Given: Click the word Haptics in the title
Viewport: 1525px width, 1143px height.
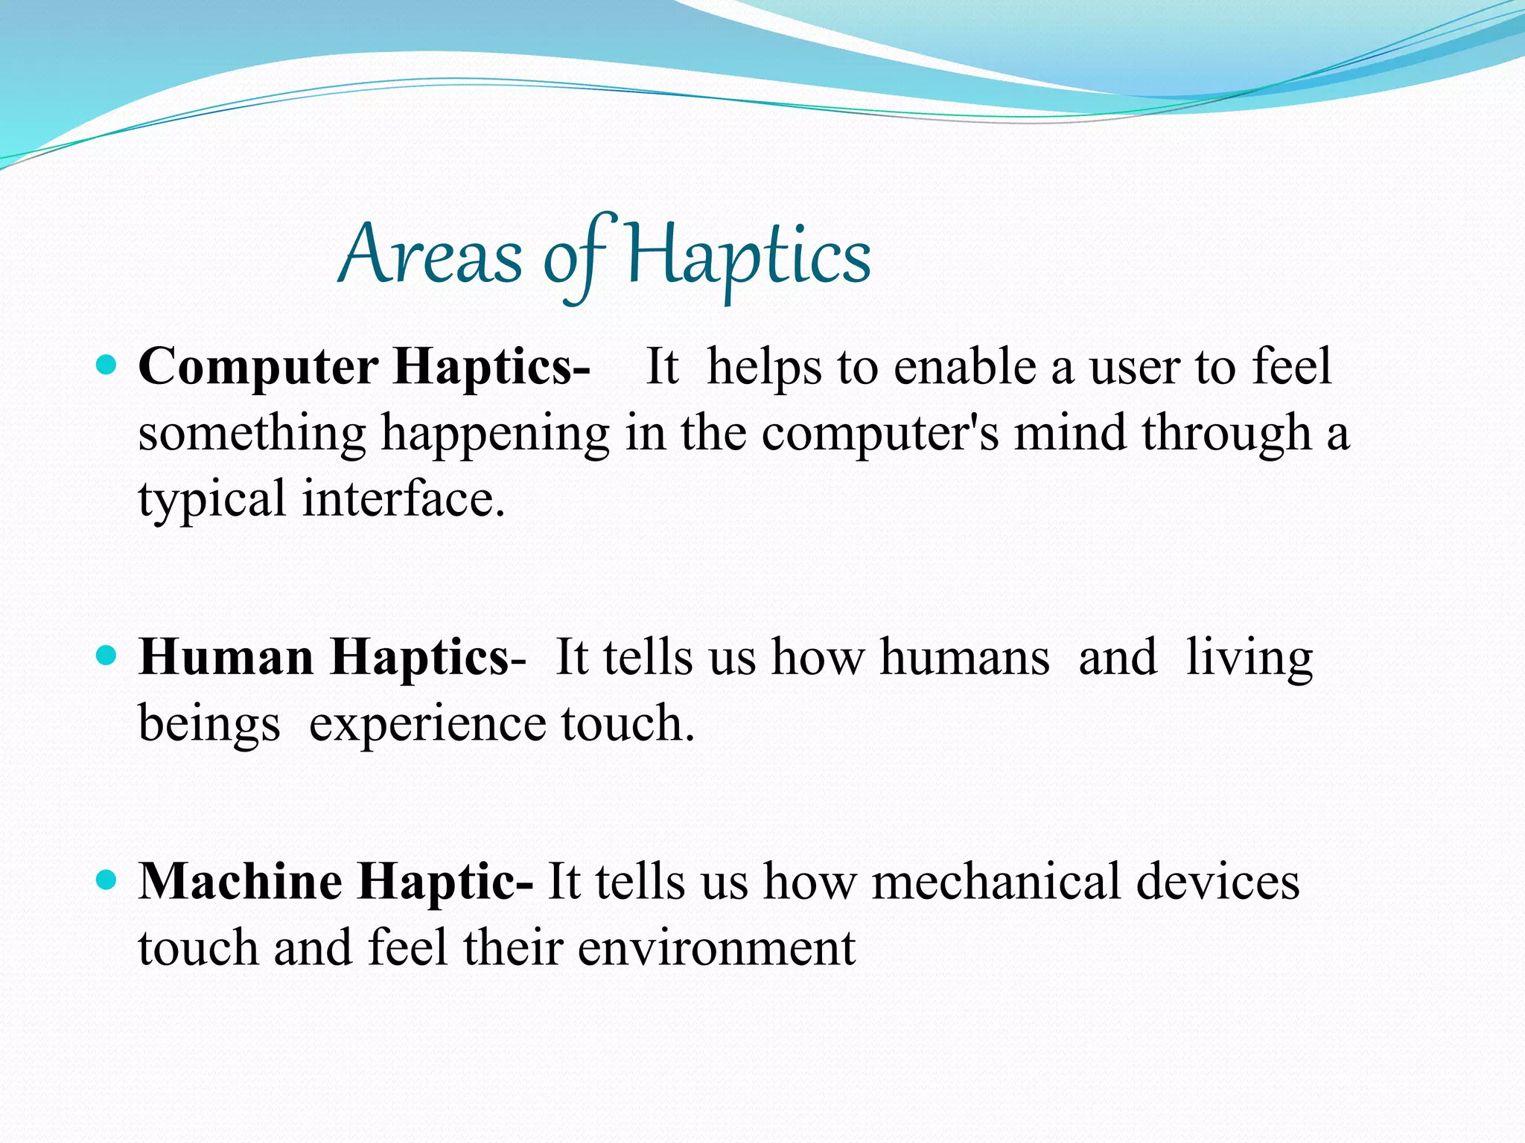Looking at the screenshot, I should coord(748,256).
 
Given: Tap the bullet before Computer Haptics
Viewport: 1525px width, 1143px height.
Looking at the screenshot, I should coord(107,365).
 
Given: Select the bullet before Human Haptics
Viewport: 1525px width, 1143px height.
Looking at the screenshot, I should coord(107,656).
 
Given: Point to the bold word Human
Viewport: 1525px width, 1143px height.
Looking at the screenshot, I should coord(226,658).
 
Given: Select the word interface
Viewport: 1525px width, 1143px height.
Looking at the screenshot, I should coord(403,499).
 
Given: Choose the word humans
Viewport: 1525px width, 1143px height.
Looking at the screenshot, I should coord(964,658).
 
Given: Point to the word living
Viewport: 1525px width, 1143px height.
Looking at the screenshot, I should coord(1249,658).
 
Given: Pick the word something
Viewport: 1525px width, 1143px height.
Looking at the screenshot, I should coord(252,434).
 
